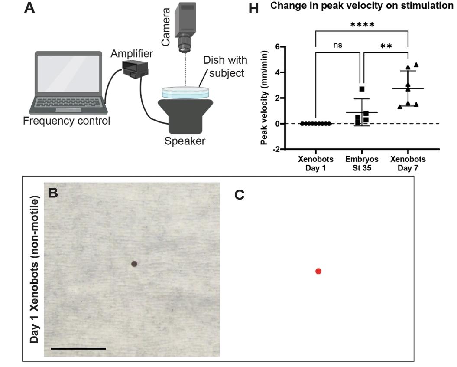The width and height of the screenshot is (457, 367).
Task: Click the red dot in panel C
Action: (x=318, y=271)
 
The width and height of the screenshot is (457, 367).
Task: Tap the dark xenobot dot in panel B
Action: (x=134, y=263)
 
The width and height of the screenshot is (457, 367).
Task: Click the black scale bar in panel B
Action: (x=78, y=348)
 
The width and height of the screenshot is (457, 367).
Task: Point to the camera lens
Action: (x=185, y=43)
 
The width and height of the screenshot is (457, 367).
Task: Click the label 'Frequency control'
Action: (x=67, y=121)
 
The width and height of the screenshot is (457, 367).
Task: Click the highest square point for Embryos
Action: (x=362, y=89)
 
